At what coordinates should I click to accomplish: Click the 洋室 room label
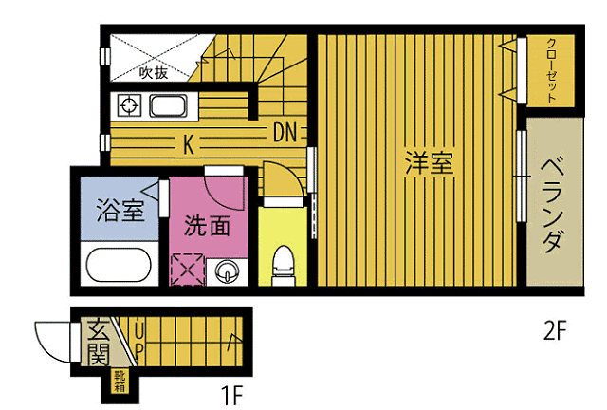[x=429, y=163]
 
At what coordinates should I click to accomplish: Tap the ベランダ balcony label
[x=552, y=204]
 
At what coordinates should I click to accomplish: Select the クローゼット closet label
[x=551, y=70]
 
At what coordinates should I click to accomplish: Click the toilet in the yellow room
[x=283, y=266]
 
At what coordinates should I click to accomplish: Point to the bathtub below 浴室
[x=119, y=265]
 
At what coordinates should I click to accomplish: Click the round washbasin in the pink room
[x=227, y=270]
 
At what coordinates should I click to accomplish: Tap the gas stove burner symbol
[x=129, y=105]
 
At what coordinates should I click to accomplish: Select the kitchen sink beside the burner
[x=169, y=105]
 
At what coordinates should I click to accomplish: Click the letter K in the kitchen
[x=188, y=144]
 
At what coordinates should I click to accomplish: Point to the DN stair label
[x=285, y=132]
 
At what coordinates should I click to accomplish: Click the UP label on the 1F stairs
[x=139, y=341]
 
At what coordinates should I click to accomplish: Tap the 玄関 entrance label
[x=98, y=343]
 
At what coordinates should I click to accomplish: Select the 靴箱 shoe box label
[x=120, y=382]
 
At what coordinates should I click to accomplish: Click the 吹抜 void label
[x=154, y=72]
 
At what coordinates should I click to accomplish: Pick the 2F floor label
[x=555, y=330]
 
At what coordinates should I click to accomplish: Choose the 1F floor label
[x=231, y=395]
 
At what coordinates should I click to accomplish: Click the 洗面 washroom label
[x=207, y=225]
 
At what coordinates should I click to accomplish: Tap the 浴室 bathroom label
[x=120, y=210]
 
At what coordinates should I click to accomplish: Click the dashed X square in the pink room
[x=187, y=270]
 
